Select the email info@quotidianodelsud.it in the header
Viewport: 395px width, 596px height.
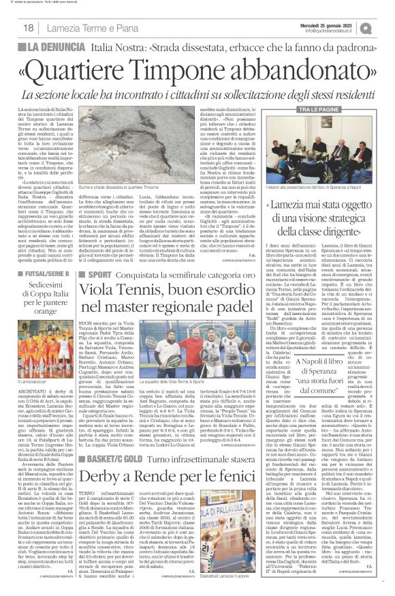click(x=341, y=30)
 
